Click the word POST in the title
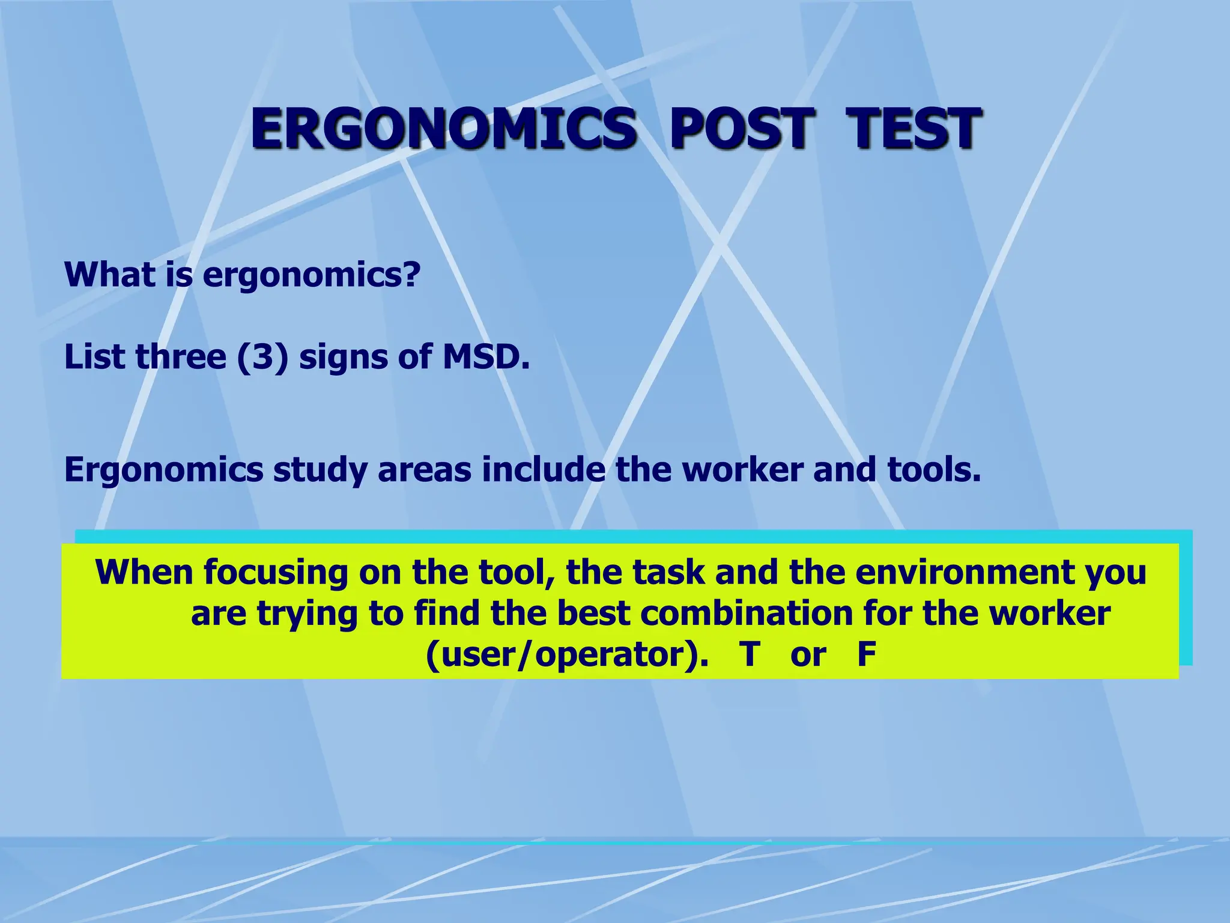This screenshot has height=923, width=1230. [x=741, y=129]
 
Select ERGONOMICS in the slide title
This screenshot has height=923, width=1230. [x=443, y=129]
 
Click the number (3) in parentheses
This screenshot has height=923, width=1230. [x=263, y=357]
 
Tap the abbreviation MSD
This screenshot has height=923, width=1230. [x=486, y=357]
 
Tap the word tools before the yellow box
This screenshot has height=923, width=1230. [x=933, y=469]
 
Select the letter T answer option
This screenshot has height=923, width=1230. [x=749, y=654]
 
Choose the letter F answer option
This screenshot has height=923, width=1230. [x=866, y=654]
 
